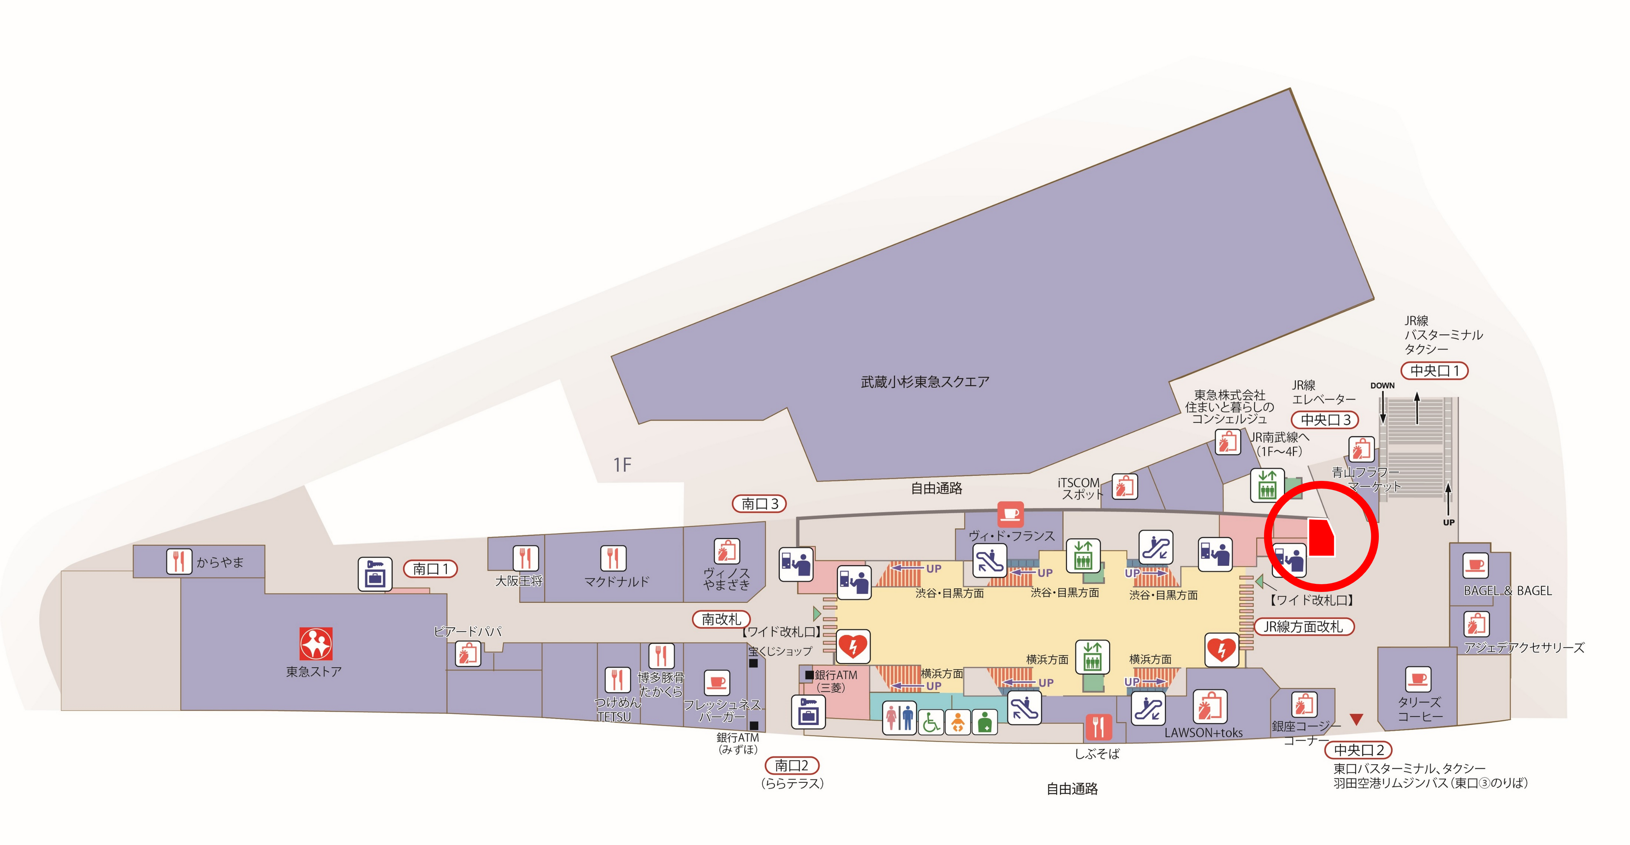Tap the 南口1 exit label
430,569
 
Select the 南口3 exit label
759,504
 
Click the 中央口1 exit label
1434,371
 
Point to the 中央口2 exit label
1358,750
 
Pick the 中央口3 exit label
1325,419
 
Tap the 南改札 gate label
721,619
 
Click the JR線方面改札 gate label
1303,627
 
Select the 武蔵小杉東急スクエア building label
925,382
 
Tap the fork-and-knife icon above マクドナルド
613,558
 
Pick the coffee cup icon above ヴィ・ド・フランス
1011,514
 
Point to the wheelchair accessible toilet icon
931,722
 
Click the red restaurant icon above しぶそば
1098,727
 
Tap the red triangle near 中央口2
1356,719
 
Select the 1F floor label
622,465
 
